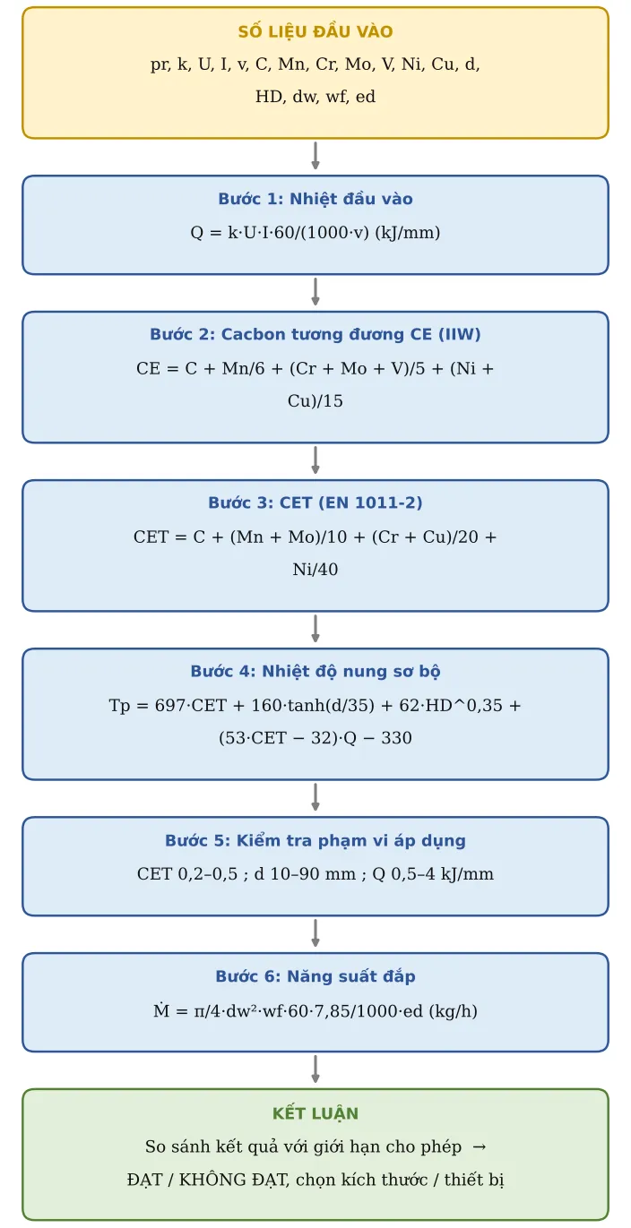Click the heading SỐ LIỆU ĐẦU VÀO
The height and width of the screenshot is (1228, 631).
[x=315, y=31]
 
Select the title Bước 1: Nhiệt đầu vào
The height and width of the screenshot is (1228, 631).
[x=315, y=199]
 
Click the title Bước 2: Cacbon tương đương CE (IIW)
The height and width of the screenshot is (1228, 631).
[x=315, y=334]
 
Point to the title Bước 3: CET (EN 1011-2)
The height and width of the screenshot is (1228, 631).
[x=315, y=502]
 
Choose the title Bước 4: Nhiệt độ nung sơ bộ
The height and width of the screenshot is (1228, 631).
[x=315, y=671]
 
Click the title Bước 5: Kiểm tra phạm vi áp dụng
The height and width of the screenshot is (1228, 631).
[x=315, y=840]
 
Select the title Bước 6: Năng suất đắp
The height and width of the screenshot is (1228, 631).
[x=315, y=976]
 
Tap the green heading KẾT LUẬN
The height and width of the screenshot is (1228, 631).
[x=315, y=1113]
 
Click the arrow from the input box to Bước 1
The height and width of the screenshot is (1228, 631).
[x=315, y=156]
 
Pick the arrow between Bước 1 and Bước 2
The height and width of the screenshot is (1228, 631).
[x=315, y=292]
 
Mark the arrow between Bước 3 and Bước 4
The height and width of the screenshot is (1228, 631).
[x=315, y=628]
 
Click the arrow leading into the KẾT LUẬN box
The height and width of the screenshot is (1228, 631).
[x=315, y=1069]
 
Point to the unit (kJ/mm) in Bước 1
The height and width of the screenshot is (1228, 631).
[x=408, y=233]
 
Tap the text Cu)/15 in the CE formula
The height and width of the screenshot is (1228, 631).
[x=315, y=400]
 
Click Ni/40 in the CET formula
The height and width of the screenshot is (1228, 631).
[x=315, y=569]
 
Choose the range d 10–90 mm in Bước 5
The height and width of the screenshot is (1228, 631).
[x=305, y=874]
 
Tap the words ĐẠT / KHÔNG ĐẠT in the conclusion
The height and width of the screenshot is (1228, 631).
[x=209, y=1180]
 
